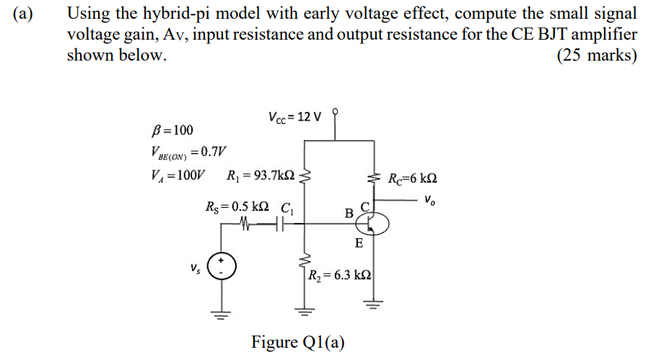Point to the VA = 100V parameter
[175, 175]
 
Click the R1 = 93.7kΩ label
[261, 175]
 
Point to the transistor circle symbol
[371, 225]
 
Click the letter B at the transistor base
[349, 213]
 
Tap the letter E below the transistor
[359, 244]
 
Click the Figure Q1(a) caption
[297, 341]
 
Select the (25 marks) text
[597, 56]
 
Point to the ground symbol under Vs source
[222, 313]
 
